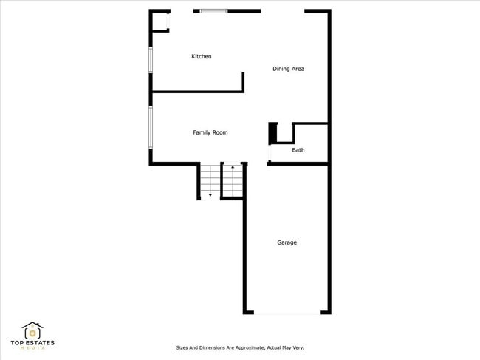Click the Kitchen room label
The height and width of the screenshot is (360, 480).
pos(201,56)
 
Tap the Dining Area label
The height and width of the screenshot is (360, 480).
pos(288,69)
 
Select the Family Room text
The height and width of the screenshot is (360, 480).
pos(210,132)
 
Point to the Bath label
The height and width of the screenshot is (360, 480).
pos(298,150)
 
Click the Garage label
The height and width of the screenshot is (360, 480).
pos(287,242)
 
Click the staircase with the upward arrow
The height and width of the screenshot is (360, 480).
pos(233,180)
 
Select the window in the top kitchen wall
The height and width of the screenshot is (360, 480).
pos(213,11)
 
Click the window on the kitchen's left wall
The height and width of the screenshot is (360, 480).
pos(151,60)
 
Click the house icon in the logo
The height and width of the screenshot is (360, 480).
pos(32,330)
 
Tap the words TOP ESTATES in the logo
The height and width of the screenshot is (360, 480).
pos(32,343)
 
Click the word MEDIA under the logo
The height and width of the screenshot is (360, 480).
pos(32,348)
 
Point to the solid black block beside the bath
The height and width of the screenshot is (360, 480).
pos(272,133)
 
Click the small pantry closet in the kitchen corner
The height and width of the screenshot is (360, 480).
pos(160,22)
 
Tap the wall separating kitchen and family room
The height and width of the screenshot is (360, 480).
pos(197,92)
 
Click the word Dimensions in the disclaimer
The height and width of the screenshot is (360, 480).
pos(214,347)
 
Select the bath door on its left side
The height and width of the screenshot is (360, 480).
pos(269,153)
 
